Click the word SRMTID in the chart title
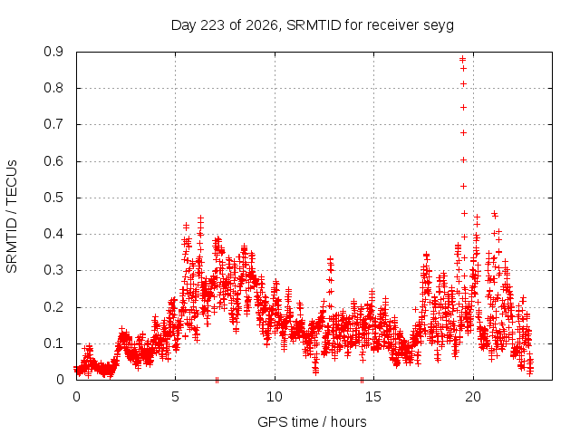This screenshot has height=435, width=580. [314, 25]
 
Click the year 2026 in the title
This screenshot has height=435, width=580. [262, 25]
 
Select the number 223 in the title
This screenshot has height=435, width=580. [212, 25]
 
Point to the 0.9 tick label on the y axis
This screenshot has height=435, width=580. [53, 52]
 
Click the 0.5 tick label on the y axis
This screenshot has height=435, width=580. [53, 198]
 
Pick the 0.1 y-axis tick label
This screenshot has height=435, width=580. [53, 343]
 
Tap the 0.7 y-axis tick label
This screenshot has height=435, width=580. [53, 124]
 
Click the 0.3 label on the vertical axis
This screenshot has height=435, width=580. [53, 270]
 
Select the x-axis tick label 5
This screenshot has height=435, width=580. [175, 397]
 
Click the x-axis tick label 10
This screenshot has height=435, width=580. [275, 397]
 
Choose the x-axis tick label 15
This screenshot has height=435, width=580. [373, 397]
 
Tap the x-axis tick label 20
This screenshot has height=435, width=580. [473, 397]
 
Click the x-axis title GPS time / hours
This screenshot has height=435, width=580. [312, 421]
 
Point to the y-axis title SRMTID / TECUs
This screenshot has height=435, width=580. [12, 217]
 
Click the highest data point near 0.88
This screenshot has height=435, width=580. [462, 59]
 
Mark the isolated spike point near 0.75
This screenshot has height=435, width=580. [463, 108]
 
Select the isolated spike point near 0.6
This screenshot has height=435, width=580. [463, 160]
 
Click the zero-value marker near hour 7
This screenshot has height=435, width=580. [217, 380]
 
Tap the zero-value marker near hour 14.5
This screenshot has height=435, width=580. [362, 380]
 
